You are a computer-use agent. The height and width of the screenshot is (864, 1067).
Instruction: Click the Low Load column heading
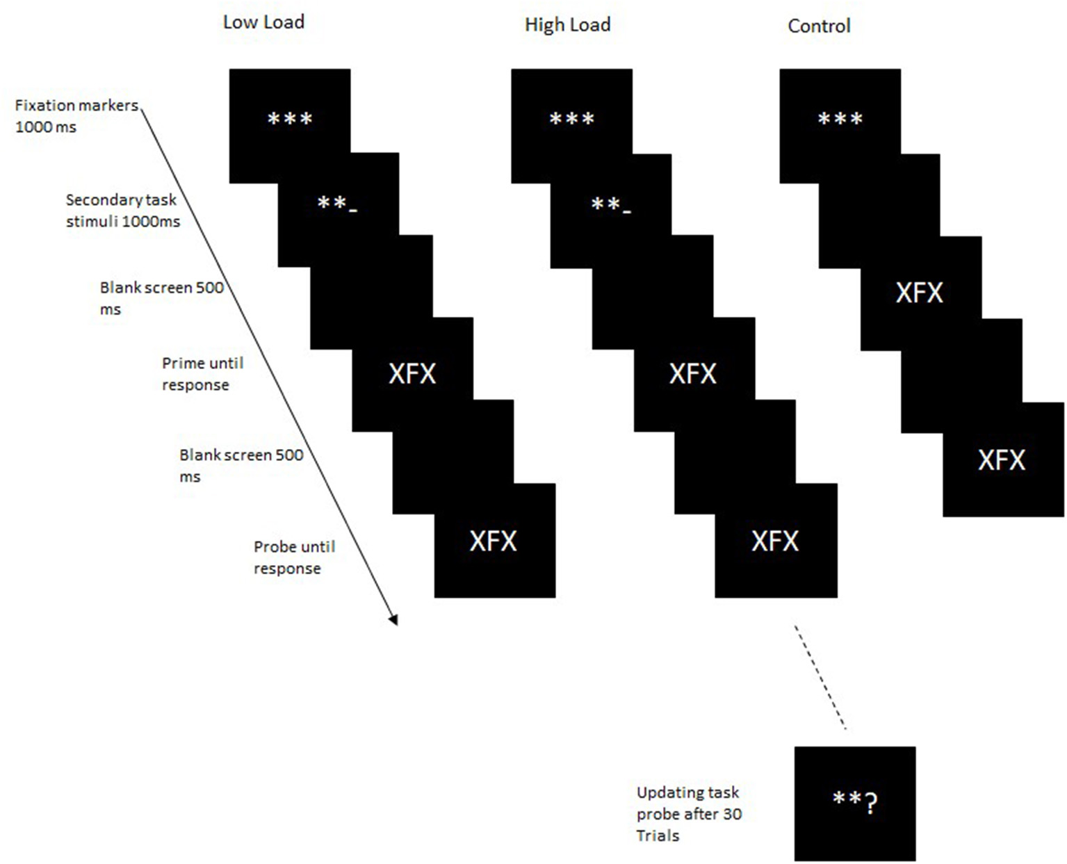(x=263, y=22)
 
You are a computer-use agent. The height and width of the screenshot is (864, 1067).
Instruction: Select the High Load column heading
(x=567, y=25)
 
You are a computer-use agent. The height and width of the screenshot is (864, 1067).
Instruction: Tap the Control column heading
(x=819, y=26)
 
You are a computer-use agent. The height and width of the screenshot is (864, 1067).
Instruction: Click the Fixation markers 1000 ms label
(x=76, y=116)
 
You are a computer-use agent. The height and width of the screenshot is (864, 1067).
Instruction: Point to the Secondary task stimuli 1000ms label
(x=122, y=211)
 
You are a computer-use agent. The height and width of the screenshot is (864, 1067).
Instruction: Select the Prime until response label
(x=202, y=374)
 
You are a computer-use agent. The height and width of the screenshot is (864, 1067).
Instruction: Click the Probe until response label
(x=293, y=557)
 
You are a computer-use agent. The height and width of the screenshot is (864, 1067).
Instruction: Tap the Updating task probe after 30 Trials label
(x=688, y=813)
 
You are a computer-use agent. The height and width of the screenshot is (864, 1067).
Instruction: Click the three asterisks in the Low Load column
(x=290, y=120)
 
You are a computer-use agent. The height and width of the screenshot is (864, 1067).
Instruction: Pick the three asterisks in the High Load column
(x=571, y=120)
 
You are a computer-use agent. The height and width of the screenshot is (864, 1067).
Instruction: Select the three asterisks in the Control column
(x=840, y=120)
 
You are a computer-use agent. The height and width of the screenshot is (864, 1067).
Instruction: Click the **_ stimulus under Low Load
(x=336, y=204)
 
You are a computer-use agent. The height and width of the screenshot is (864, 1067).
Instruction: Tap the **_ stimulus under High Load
(x=610, y=204)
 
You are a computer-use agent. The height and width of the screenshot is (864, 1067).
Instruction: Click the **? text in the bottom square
(x=854, y=802)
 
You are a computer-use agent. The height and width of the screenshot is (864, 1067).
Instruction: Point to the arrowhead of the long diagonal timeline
(x=393, y=619)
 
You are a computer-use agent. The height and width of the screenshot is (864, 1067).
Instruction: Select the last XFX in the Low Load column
(x=494, y=541)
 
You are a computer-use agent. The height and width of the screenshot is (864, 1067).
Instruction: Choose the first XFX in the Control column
(x=919, y=293)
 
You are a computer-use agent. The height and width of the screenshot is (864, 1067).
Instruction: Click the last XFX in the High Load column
(x=775, y=541)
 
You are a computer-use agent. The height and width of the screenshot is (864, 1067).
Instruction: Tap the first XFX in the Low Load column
(x=412, y=374)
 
